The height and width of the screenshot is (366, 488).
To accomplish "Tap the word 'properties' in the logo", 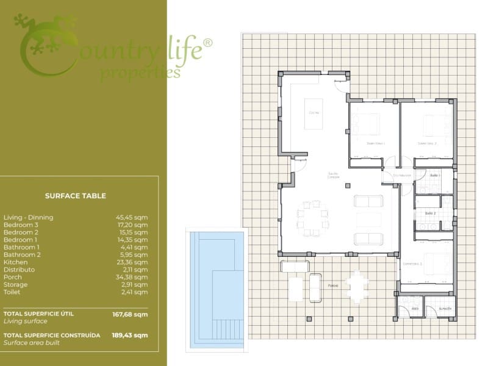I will (140, 73).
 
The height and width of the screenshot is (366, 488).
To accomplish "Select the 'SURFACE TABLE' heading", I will (76, 196).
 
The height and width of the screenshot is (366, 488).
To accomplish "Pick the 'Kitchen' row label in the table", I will (15, 262).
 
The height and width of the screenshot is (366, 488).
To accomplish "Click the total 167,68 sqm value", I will (132, 315).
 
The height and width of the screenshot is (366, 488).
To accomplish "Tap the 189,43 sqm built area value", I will (132, 335).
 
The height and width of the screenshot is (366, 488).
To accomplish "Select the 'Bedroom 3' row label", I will (21, 224).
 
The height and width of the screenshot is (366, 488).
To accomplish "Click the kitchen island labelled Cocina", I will (314, 113).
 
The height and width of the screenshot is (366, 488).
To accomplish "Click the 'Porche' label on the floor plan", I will (333, 285).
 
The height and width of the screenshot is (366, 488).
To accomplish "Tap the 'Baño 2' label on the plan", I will (429, 213).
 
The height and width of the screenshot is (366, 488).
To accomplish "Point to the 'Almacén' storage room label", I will (445, 309).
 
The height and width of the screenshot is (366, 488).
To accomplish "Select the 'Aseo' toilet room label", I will (415, 309).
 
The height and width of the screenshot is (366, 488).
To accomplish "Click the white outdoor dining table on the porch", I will (356, 287).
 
